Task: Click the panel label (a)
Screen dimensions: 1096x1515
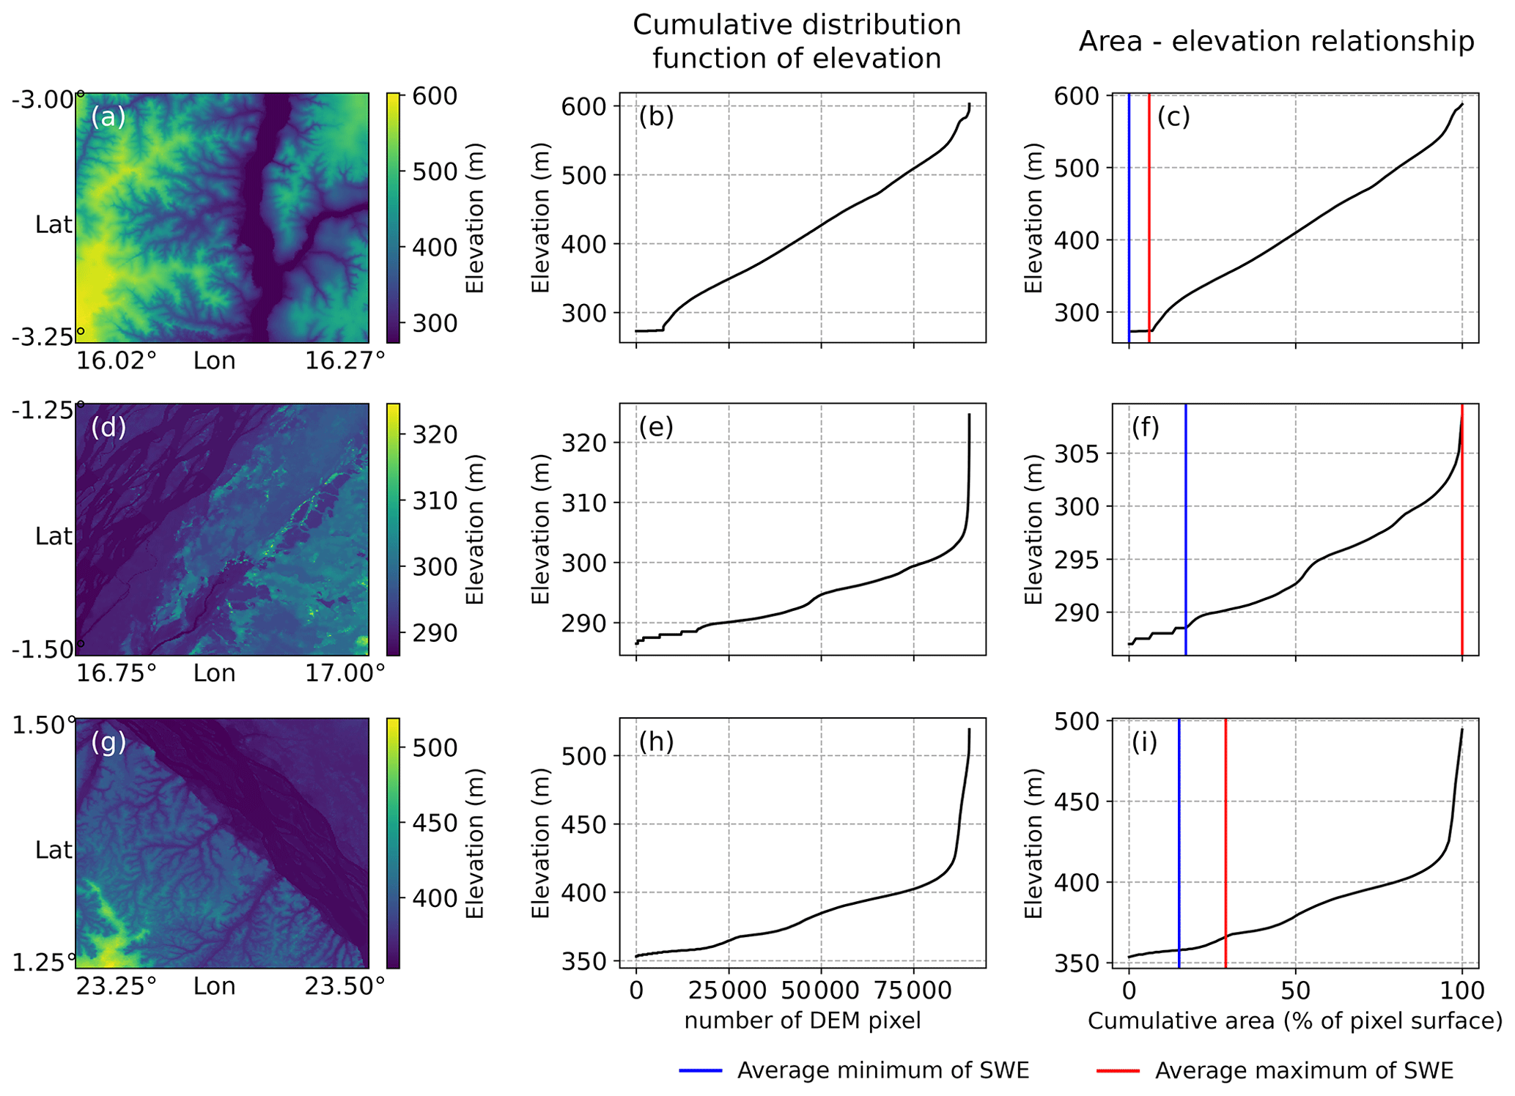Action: pyautogui.click(x=108, y=117)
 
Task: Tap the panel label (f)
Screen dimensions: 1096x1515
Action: pyautogui.click(x=1145, y=427)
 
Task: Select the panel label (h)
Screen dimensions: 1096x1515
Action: pyautogui.click(x=656, y=742)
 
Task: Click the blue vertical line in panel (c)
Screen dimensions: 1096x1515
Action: pyautogui.click(x=1129, y=220)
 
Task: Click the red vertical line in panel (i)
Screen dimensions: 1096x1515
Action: pyautogui.click(x=1225, y=843)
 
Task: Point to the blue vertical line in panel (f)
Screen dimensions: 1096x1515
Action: pyautogui.click(x=1185, y=527)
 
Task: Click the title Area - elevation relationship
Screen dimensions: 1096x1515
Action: pyautogui.click(x=1276, y=42)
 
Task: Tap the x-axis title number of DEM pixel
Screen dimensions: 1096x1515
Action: pyautogui.click(x=803, y=1021)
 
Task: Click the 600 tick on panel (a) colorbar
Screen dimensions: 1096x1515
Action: pyautogui.click(x=435, y=96)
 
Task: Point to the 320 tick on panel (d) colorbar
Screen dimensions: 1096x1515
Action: pyautogui.click(x=435, y=434)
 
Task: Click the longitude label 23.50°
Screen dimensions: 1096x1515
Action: pyautogui.click(x=344, y=986)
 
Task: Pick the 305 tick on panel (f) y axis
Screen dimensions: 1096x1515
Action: pyautogui.click(x=1077, y=454)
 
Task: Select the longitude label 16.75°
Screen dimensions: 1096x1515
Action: pyautogui.click(x=117, y=673)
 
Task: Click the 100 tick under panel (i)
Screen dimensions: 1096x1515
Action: pyautogui.click(x=1461, y=991)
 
